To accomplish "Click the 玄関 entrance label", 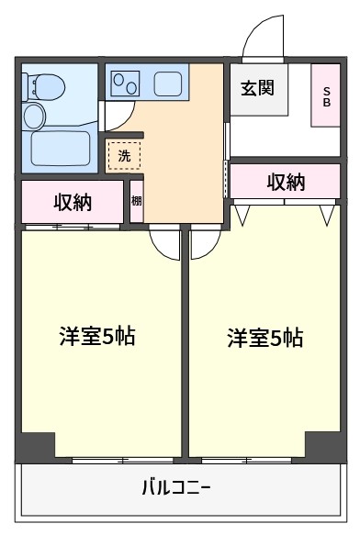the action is coord(257,88).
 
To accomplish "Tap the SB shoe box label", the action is coord(327,96).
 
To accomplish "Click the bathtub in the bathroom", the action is coord(60,149).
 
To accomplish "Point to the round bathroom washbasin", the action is coord(34,116).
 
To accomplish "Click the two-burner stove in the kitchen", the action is coord(125,84).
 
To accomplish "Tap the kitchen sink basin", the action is coord(167,84).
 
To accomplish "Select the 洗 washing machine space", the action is coord(124,156).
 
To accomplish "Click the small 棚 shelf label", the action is coord(137,201).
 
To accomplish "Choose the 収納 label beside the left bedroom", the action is coord(73,202).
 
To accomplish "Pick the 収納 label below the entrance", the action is coord(286,182).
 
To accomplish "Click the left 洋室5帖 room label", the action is coord(97,336).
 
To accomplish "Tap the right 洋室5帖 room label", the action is coord(265,338).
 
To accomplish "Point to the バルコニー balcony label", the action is coord(176,487).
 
